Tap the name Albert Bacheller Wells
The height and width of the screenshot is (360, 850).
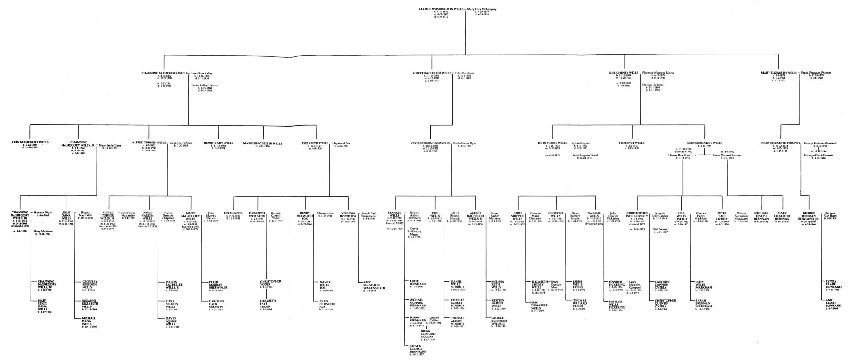[x=432, y=72]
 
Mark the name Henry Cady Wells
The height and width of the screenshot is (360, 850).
[x=218, y=143]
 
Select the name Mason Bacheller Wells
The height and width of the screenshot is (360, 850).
[x=263, y=143]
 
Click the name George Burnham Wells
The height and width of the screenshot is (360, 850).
[x=430, y=143]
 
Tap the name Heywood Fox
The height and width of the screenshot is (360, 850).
[x=342, y=143]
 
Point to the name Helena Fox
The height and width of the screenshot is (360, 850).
[x=233, y=213]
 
